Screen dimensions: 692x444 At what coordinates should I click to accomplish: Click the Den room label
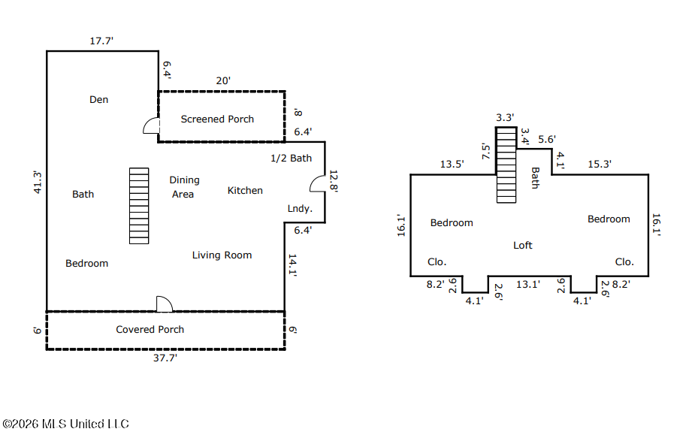pos(99,100)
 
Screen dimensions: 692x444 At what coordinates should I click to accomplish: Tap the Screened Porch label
pos(217,119)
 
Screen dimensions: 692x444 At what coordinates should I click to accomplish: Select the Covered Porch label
pos(150,330)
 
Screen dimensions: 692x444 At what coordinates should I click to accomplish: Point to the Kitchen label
pos(245,191)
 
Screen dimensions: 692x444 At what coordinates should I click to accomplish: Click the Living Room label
pos(222,255)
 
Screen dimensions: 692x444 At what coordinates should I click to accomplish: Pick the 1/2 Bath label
pos(292,158)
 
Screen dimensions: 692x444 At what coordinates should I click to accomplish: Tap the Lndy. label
pos(300,208)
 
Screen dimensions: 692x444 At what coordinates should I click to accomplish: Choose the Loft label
pos(523,246)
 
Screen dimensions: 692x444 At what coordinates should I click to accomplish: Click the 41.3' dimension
pos(38,183)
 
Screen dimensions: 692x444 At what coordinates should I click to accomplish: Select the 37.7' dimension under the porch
pos(165,358)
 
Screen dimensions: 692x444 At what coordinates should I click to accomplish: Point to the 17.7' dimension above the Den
pos(101,41)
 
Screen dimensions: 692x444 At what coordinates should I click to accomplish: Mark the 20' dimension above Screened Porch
pos(223,81)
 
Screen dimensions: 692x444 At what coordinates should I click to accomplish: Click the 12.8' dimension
pos(334,181)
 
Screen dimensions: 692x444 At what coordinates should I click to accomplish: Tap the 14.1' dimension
pos(292,264)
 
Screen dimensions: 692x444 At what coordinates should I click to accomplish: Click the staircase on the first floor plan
pos(139,206)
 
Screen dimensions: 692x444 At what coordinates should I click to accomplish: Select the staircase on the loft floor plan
pos(506,165)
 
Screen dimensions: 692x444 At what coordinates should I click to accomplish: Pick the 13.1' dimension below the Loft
pos(528,284)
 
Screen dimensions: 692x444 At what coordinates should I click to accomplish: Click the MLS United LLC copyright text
pos(66,424)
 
